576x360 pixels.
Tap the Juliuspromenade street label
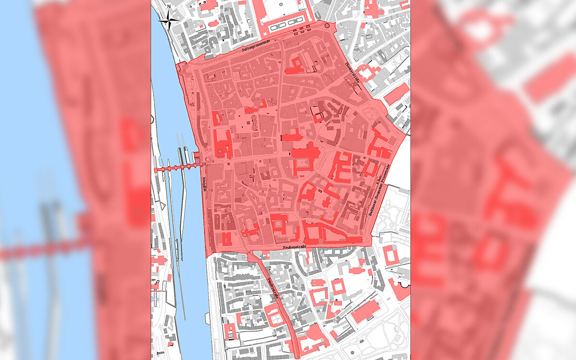click(256, 45)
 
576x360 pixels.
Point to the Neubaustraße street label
click(290, 246)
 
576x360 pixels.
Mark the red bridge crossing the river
click(175, 168)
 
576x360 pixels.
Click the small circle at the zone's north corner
click(327, 25)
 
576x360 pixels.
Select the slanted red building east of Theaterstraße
click(396, 94)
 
